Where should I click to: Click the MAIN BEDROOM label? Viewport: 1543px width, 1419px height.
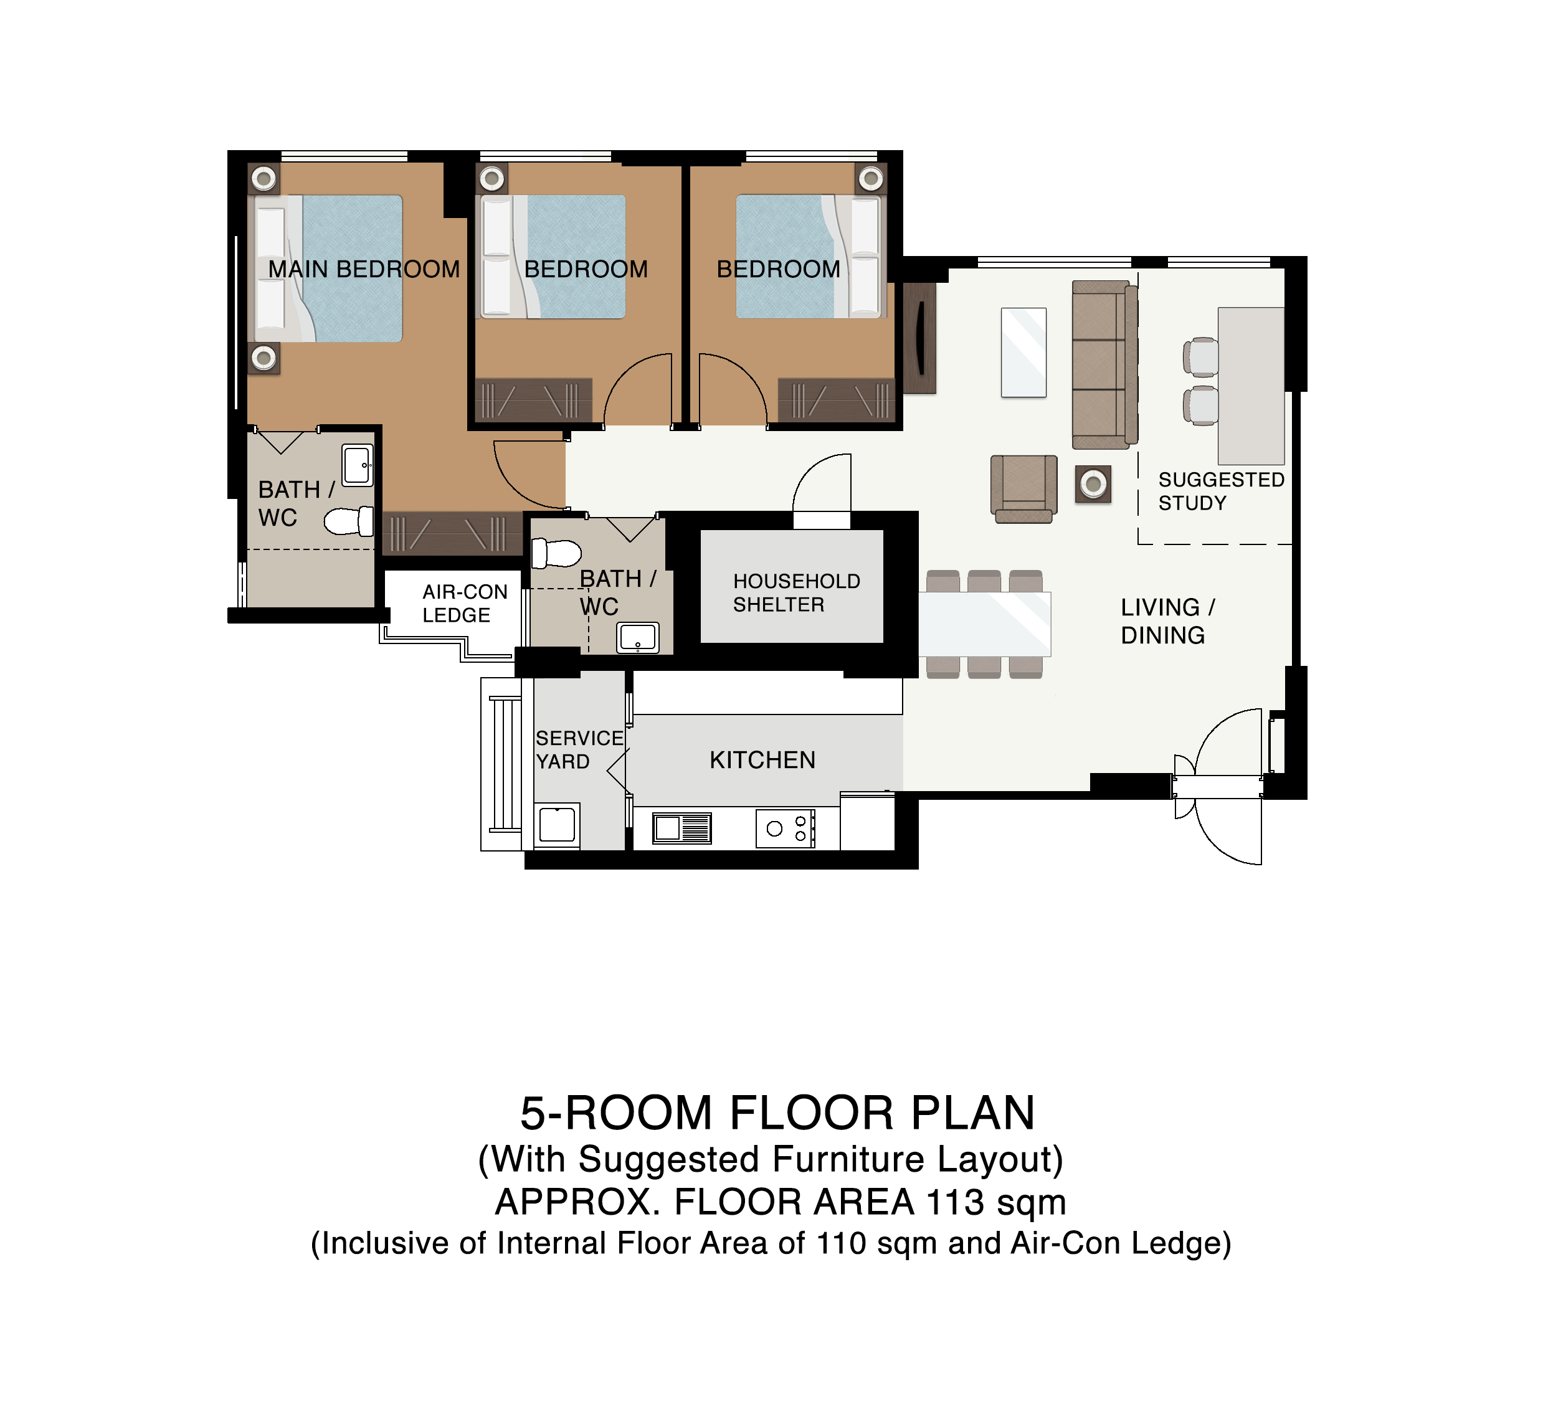(x=364, y=270)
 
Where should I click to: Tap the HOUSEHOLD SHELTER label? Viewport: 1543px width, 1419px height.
(x=797, y=593)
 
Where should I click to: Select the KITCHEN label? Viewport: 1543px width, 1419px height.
(x=762, y=760)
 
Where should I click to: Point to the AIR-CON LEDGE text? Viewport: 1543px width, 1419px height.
(x=465, y=604)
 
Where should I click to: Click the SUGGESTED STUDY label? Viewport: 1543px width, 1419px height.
(x=1221, y=491)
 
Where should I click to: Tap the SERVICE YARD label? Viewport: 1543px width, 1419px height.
(x=579, y=750)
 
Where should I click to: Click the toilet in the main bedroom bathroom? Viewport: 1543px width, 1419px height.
(x=349, y=522)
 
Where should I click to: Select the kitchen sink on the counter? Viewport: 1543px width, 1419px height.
(x=682, y=828)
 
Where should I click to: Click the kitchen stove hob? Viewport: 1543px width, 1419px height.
(x=786, y=828)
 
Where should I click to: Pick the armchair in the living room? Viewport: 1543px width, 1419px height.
(x=1024, y=488)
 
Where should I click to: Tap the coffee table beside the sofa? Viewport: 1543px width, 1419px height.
(x=1024, y=353)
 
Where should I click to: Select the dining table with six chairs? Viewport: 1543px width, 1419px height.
(x=985, y=624)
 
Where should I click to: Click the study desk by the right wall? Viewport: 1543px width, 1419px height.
(x=1251, y=386)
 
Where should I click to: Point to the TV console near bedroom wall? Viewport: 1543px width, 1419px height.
(x=919, y=338)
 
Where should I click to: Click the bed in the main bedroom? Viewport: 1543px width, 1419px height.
(x=325, y=268)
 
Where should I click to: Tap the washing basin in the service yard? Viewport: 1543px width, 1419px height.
(x=557, y=825)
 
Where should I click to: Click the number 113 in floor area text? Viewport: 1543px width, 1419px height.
(x=955, y=1202)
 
